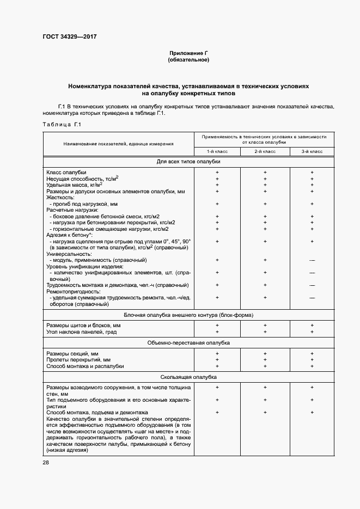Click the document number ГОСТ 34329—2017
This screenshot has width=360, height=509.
tap(69, 37)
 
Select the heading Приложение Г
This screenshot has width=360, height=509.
tap(188, 53)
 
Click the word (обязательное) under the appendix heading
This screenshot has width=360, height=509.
tap(188, 59)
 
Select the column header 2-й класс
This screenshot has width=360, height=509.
tap(265, 151)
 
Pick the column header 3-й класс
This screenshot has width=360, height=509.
tap(312, 151)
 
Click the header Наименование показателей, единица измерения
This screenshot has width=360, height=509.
tap(118, 144)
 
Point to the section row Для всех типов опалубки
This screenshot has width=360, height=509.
tap(188, 162)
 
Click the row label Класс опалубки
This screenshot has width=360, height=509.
tap(66, 173)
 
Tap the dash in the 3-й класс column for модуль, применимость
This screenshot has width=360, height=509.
tap(312, 260)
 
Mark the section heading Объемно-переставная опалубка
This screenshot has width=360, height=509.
tap(188, 343)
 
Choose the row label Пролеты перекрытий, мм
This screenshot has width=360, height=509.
tap(78, 360)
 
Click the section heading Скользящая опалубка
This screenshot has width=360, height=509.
tap(188, 377)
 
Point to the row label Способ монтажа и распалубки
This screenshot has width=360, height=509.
tap(86, 366)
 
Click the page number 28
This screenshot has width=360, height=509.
tap(46, 462)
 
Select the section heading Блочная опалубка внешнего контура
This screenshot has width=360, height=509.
tap(188, 315)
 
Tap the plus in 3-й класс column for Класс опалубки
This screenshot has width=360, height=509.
tap(312, 173)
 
